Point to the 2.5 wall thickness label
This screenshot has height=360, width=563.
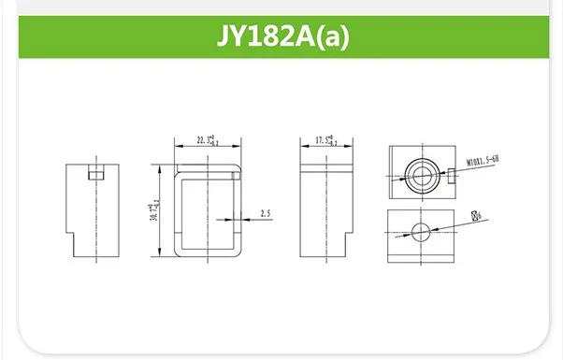(x=266, y=214)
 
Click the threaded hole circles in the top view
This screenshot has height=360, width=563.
(x=417, y=171)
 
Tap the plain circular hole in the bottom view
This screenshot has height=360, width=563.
(x=419, y=230)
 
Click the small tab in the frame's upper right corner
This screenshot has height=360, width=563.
(x=237, y=173)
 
